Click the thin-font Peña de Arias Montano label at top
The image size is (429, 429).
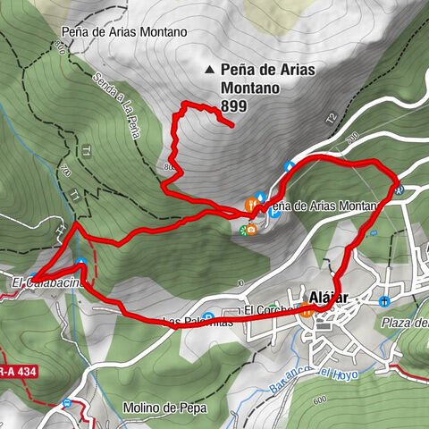pyautogui.click(x=124, y=31)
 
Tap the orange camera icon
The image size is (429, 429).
pyautogui.click(x=252, y=231)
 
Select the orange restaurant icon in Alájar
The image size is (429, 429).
pyautogui.click(x=307, y=311)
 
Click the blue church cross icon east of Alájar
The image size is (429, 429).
pyautogui.click(x=383, y=301)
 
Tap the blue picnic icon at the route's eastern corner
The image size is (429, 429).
pyautogui.click(x=401, y=189)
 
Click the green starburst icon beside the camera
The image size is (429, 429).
pyautogui.click(x=242, y=231)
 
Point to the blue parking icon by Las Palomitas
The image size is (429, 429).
pyautogui.click(x=207, y=315)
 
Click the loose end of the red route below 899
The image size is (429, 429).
pyautogui.click(x=233, y=126)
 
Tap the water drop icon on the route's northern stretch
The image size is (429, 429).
pyautogui.click(x=290, y=166)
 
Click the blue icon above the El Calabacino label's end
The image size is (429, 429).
pyautogui.click(x=81, y=264)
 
